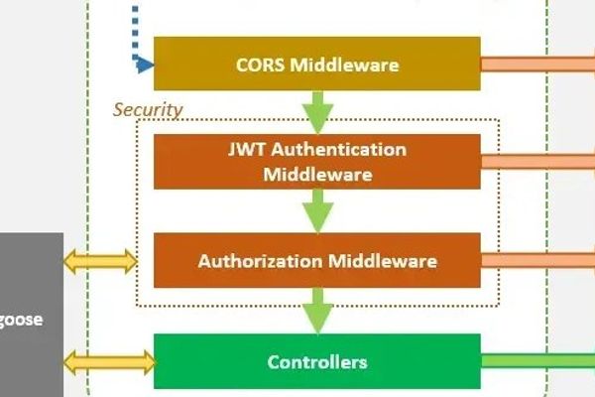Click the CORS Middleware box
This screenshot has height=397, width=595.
pyautogui.click(x=316, y=66)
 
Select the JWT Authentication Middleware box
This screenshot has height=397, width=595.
pyautogui.click(x=316, y=162)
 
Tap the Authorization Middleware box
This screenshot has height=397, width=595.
pyautogui.click(x=316, y=262)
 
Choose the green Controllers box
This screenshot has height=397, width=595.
pyautogui.click(x=316, y=361)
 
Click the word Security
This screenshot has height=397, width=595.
pyautogui.click(x=148, y=109)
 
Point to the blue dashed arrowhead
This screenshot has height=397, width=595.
pyautogui.click(x=145, y=66)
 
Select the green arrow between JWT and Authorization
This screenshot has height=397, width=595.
pyautogui.click(x=317, y=210)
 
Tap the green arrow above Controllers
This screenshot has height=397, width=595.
pyautogui.click(x=317, y=310)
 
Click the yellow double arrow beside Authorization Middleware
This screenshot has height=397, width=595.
pyautogui.click(x=100, y=262)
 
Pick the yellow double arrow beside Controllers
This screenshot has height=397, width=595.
pyautogui.click(x=109, y=362)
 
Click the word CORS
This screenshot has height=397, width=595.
pyautogui.click(x=260, y=66)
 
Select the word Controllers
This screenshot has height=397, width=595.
pyautogui.click(x=316, y=361)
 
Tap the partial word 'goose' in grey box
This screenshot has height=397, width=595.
pyautogui.click(x=20, y=320)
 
